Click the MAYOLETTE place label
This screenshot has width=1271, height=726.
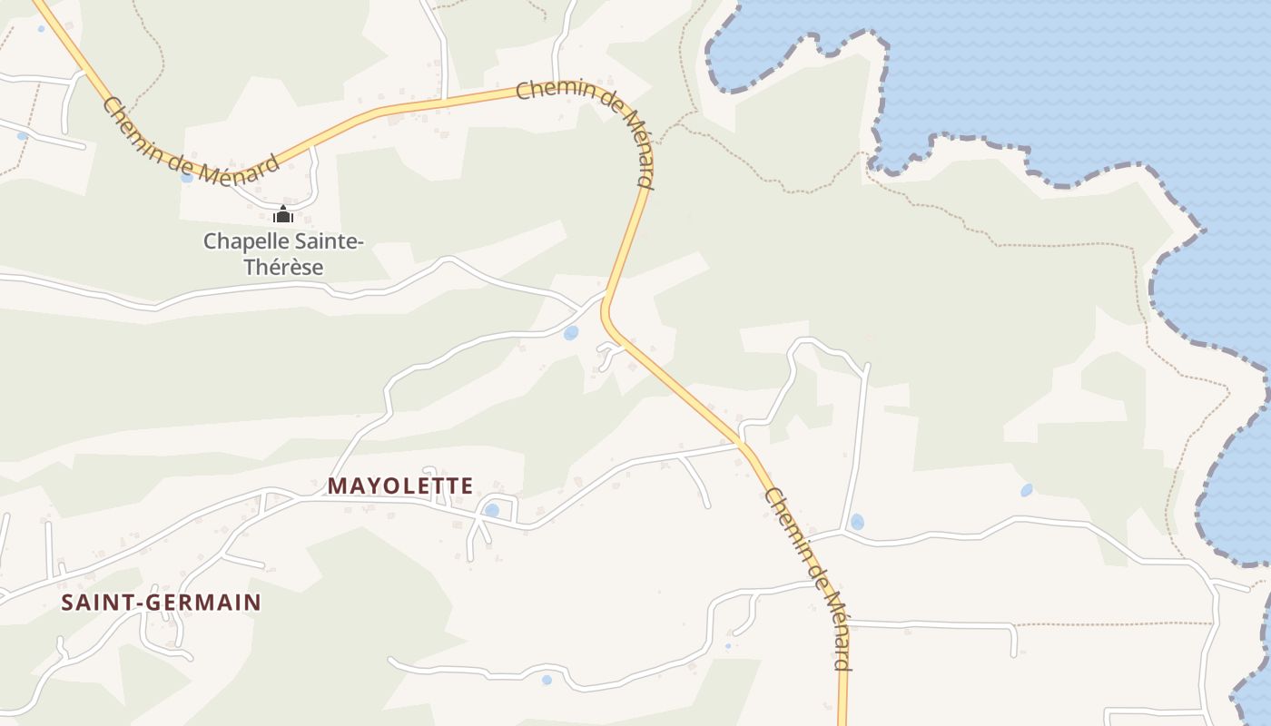(x=400, y=486)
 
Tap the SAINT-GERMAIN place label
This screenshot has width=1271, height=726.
(x=161, y=602)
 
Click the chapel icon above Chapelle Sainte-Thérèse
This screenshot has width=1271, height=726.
(x=283, y=215)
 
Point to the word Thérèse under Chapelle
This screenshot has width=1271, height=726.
(x=283, y=267)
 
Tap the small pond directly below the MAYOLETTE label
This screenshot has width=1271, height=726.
(x=491, y=510)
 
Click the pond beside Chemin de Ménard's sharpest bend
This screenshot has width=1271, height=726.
(x=570, y=333)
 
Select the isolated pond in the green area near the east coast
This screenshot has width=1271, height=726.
(x=1026, y=490)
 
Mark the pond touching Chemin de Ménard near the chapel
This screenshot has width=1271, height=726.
(x=187, y=177)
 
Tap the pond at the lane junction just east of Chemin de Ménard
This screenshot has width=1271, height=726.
(x=856, y=522)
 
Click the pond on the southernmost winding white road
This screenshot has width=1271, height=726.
(x=546, y=679)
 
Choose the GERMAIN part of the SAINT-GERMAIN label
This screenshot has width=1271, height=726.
(x=204, y=602)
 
